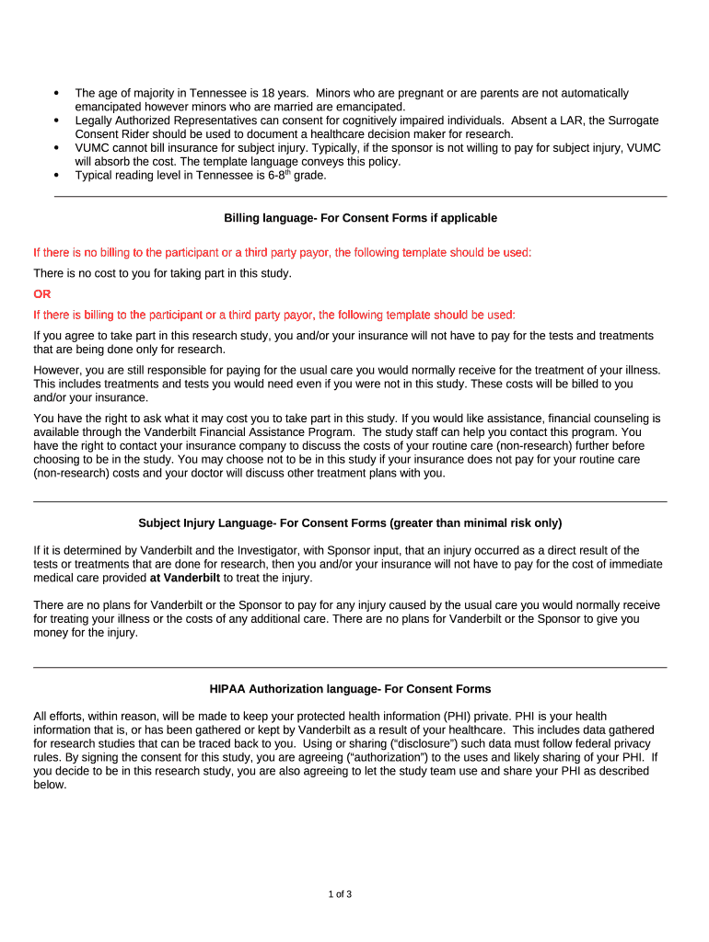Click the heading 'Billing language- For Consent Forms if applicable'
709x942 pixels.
pos(360,218)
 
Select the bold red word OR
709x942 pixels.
pos(42,294)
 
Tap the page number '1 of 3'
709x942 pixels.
pos(340,894)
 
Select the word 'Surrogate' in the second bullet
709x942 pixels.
pos(633,121)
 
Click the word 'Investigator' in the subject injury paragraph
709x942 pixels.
pos(228,550)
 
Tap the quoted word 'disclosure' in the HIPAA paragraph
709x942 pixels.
pos(413,743)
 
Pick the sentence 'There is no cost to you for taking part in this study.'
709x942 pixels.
pos(162,273)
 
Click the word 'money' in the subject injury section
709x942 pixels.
pos(51,633)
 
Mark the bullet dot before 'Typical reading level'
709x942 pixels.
pos(57,175)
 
